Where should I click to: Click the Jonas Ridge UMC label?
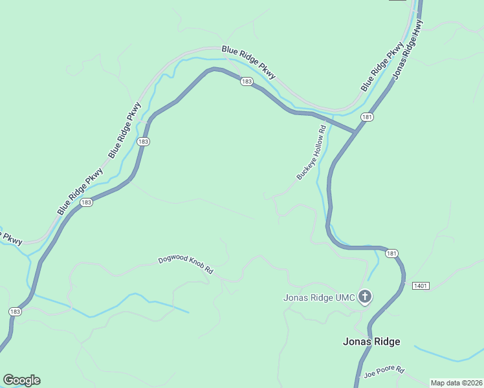tap(316, 297)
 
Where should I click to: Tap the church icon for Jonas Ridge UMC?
tap(365, 297)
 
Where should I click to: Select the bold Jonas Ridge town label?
tap(371, 341)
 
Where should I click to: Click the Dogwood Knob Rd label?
tap(186, 265)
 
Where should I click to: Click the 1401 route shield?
tap(420, 285)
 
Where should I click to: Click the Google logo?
tap(21, 380)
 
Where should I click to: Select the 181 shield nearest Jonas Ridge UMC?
tap(391, 253)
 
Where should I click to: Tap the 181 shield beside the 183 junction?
tap(368, 117)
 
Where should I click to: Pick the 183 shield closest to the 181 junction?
tap(246, 81)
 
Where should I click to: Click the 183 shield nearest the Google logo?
tap(14, 312)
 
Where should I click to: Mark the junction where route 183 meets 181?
tap(355, 131)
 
